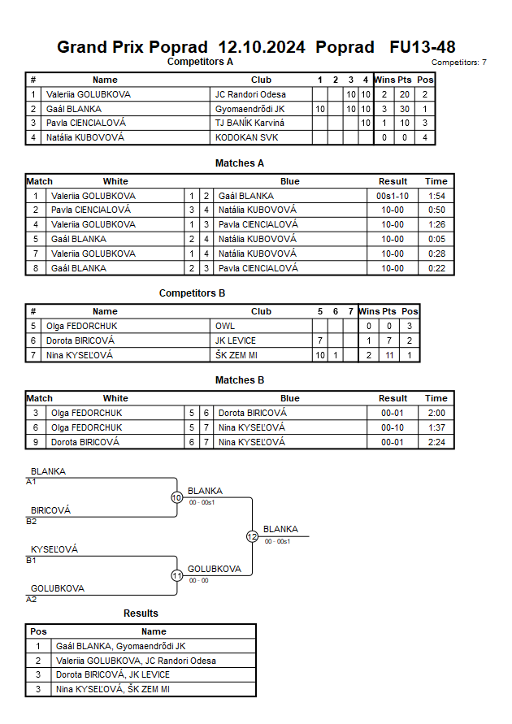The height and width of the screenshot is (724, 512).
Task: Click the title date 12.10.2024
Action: pos(262,47)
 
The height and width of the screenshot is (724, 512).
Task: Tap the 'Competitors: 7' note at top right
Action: pos(459,62)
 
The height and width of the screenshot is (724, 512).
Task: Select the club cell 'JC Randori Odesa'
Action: pos(250,94)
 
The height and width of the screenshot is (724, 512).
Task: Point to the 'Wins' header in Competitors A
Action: pos(384,80)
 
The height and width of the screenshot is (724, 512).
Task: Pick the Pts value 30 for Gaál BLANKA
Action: pos(404,109)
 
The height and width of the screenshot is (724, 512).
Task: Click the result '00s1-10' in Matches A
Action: pos(393,196)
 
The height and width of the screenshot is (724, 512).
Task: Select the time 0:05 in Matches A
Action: pos(436,239)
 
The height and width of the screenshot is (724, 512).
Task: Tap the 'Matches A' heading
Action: pos(240,163)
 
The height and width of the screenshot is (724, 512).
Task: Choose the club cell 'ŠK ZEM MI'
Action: pos(236,355)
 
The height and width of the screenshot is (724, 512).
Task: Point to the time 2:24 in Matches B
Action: pos(436,442)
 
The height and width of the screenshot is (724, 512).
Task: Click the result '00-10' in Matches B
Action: pos(393,427)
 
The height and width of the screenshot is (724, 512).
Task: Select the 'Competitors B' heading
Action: pos(193,293)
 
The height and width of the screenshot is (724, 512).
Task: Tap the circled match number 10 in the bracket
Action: pos(176,497)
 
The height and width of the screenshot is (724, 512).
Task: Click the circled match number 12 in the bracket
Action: pos(252,536)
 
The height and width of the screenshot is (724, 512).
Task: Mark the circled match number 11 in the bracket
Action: pos(176,575)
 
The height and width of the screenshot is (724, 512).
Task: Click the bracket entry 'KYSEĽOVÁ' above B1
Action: pos(54,549)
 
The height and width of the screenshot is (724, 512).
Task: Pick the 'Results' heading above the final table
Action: pos(141,613)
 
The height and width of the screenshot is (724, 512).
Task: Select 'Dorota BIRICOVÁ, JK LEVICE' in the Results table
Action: pos(113,675)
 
